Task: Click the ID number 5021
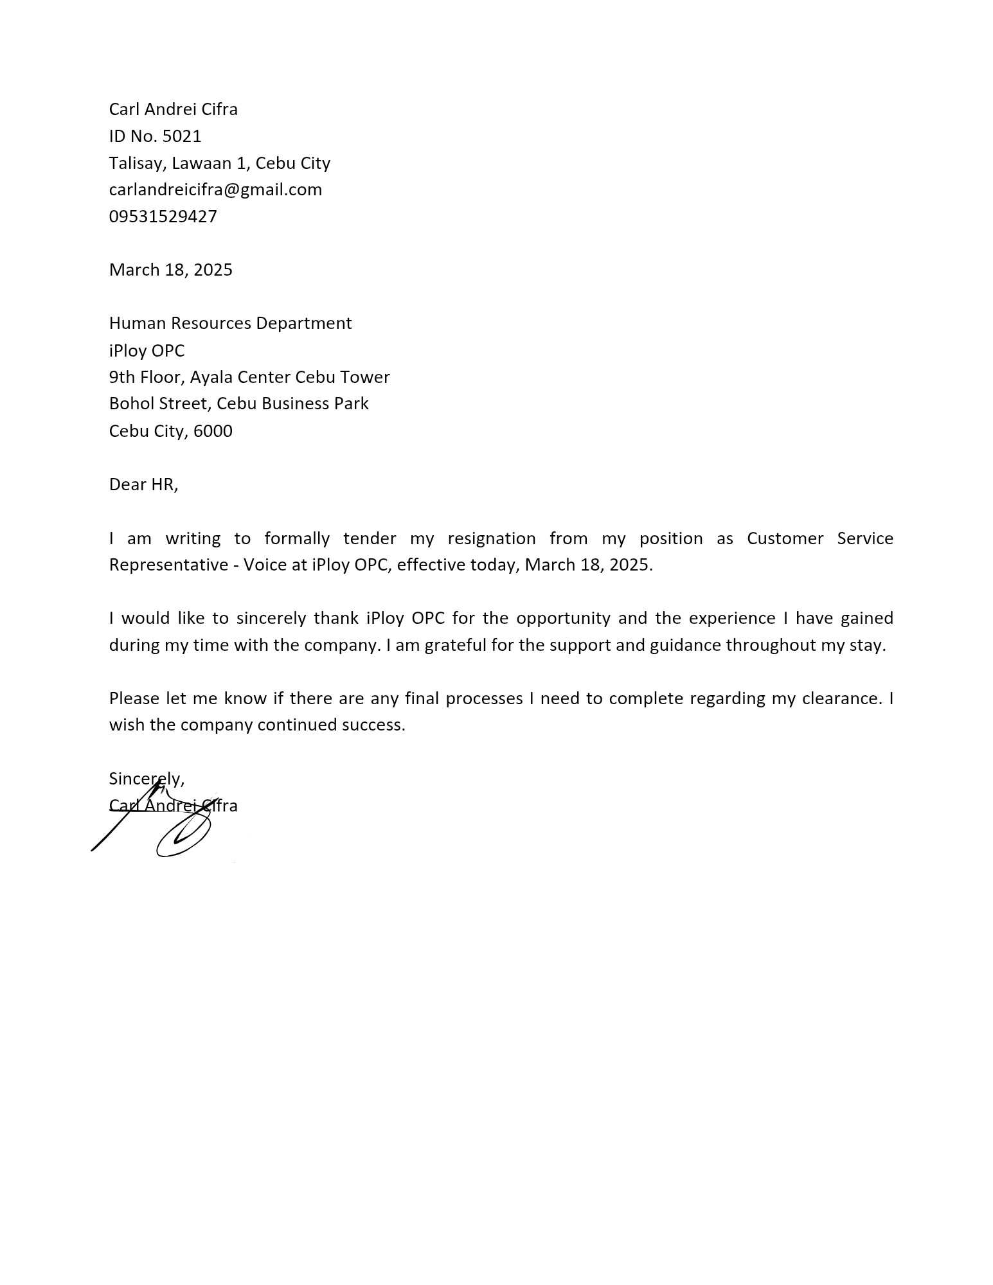[x=182, y=136]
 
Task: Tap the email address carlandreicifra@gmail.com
[x=215, y=190]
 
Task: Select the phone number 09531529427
[x=163, y=217]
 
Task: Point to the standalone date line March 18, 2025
[x=171, y=270]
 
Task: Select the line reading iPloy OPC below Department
[x=147, y=351]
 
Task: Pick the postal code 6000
[x=213, y=430]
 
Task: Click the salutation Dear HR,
[x=143, y=484]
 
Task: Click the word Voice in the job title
[x=263, y=565]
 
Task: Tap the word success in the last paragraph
[x=373, y=725]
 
